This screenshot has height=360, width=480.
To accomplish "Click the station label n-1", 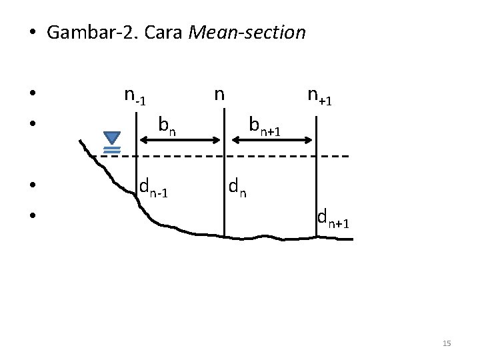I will (x=135, y=97).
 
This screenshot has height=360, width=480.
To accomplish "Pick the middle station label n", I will (x=218, y=94).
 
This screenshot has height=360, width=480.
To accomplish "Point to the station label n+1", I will (x=321, y=97).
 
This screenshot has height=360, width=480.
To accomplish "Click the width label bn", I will (x=167, y=125).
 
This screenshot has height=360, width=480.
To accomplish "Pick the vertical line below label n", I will (x=224, y=193).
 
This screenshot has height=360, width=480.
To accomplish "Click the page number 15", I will (x=447, y=343).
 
